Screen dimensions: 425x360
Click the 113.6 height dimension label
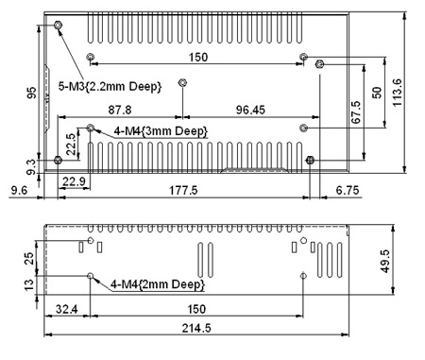pyautogui.click(x=398, y=93)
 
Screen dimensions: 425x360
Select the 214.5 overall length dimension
pyautogui.click(x=196, y=328)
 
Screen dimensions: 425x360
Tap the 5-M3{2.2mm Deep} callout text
pyautogui.click(x=110, y=86)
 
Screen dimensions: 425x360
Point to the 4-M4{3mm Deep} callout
pyautogui.click(x=161, y=131)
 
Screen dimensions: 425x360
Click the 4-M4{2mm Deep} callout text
pyautogui.click(x=158, y=284)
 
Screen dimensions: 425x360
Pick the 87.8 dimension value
pyautogui.click(x=120, y=110)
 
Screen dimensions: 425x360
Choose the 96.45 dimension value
pyautogui.click(x=250, y=110)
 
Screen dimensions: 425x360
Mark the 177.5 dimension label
pyautogui.click(x=183, y=190)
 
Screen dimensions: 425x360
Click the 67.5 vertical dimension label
pyautogui.click(x=356, y=112)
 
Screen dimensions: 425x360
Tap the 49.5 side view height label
pyautogui.click(x=385, y=261)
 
